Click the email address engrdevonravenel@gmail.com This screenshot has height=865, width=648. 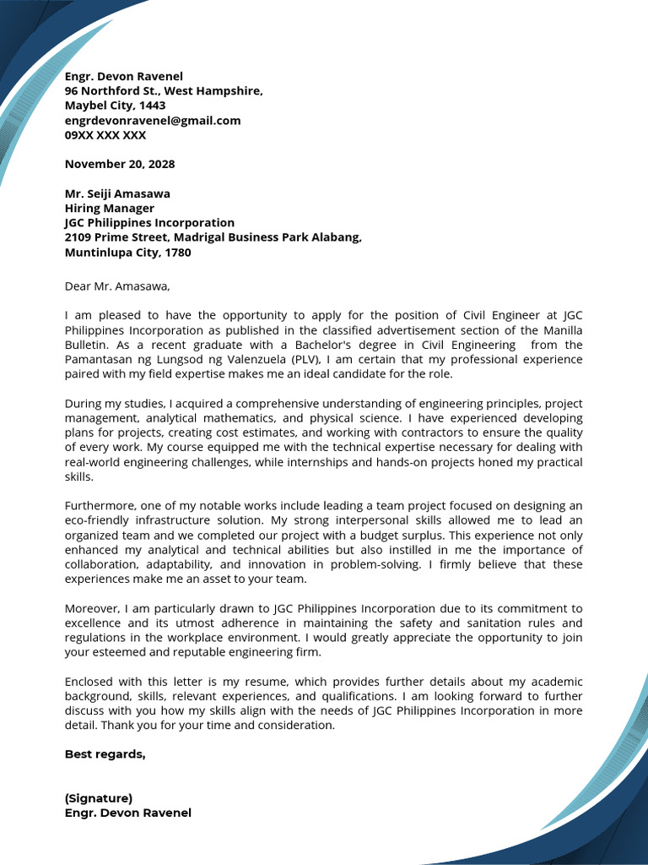pos(153,121)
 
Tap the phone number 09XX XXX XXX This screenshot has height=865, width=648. pos(105,135)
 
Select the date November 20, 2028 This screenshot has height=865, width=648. pos(120,164)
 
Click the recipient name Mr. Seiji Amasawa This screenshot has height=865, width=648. pos(117,193)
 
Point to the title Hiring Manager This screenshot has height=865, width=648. pos(110,209)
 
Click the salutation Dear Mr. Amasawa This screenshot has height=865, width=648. pos(117,286)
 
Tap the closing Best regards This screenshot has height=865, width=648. pos(105,754)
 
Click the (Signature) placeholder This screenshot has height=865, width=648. pos(99,798)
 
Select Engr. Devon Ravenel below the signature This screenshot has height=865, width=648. pos(128,813)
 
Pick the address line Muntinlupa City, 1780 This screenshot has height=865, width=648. pos(128,253)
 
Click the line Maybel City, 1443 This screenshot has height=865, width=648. pos(116,106)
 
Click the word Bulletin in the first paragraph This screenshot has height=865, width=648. pos(87,345)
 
